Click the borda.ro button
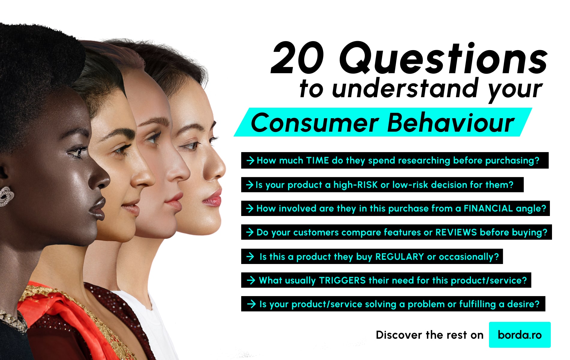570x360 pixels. coord(520,335)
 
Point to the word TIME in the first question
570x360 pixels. coord(317,160)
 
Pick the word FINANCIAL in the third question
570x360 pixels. coord(488,208)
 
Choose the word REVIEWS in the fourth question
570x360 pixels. coord(456,232)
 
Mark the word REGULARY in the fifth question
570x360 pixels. coord(400,257)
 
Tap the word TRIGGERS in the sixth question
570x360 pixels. coord(342,280)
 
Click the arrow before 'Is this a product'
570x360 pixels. coord(250,257)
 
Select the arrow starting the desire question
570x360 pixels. coord(251,304)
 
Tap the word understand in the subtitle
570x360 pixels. coord(405,89)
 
